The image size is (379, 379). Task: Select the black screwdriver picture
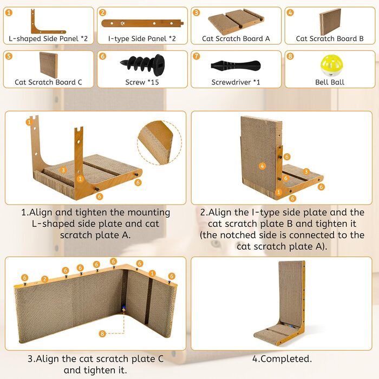tap(236, 66)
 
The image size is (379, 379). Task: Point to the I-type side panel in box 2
tap(142, 23)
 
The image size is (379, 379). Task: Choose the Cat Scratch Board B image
tap(330, 22)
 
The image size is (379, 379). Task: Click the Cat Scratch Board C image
tap(49, 65)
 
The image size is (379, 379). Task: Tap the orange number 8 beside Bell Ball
tap(290, 56)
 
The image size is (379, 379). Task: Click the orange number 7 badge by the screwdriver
tap(196, 56)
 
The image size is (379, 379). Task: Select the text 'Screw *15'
tap(142, 82)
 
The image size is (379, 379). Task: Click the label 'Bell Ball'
tap(330, 82)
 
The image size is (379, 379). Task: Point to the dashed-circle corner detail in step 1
tap(159, 142)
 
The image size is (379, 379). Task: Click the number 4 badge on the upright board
tap(262, 166)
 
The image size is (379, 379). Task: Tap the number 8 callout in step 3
tap(102, 334)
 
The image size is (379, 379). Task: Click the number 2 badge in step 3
tap(44, 279)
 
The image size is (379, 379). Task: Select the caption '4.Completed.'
tap(282, 358)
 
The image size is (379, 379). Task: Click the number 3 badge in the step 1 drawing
tap(63, 170)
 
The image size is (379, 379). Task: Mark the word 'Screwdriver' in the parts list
tap(231, 82)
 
